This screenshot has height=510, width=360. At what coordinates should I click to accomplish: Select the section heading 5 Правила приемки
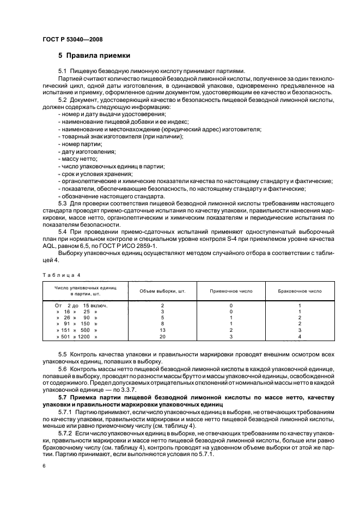[94, 56]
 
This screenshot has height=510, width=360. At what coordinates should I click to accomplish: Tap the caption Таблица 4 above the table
[58, 275]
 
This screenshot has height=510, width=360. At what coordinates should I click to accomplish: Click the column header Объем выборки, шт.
[162, 291]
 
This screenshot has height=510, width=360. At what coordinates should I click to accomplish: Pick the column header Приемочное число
[231, 291]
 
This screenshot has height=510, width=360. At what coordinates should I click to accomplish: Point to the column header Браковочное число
[300, 291]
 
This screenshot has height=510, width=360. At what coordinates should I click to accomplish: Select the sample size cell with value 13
[162, 330]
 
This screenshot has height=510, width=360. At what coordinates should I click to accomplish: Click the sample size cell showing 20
[162, 337]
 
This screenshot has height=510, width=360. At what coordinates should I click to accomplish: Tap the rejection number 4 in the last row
[300, 337]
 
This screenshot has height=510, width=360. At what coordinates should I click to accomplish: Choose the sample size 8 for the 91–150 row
[162, 324]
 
